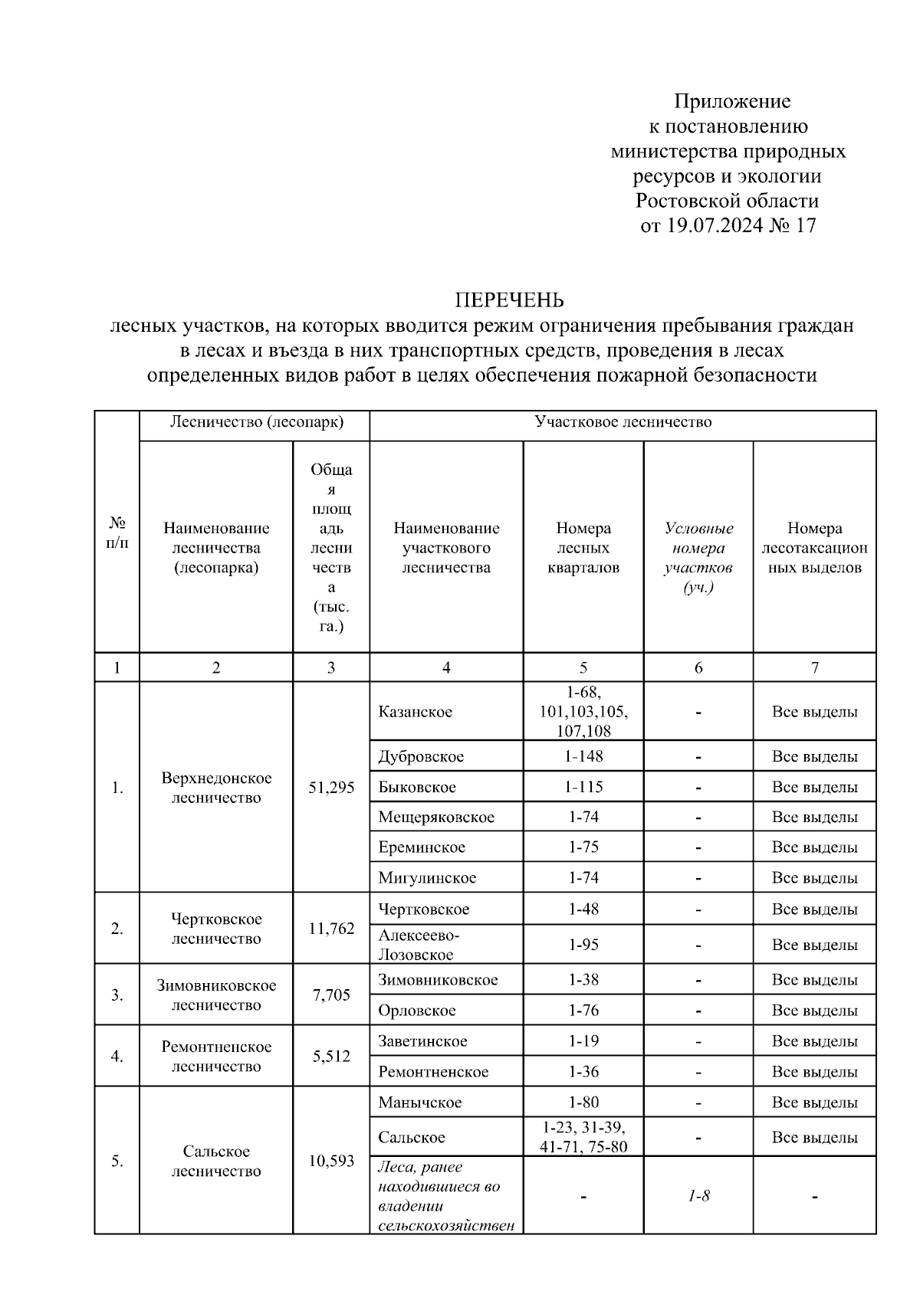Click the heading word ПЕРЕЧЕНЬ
coord(510,300)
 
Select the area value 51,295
coord(331,787)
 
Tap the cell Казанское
coord(416,712)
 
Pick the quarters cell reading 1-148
coord(583,756)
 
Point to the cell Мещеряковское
coord(436,817)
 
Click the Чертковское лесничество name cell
coord(216,929)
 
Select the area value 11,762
coord(331,929)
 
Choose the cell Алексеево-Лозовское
coord(419,945)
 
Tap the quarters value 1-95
coord(583,945)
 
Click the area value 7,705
coord(331,995)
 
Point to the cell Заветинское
coord(422,1041)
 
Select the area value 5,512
coord(331,1057)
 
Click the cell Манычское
coord(420,1103)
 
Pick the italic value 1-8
coord(698,1195)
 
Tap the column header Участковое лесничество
coord(623,422)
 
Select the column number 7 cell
coord(814,668)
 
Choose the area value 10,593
coord(331,1161)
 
